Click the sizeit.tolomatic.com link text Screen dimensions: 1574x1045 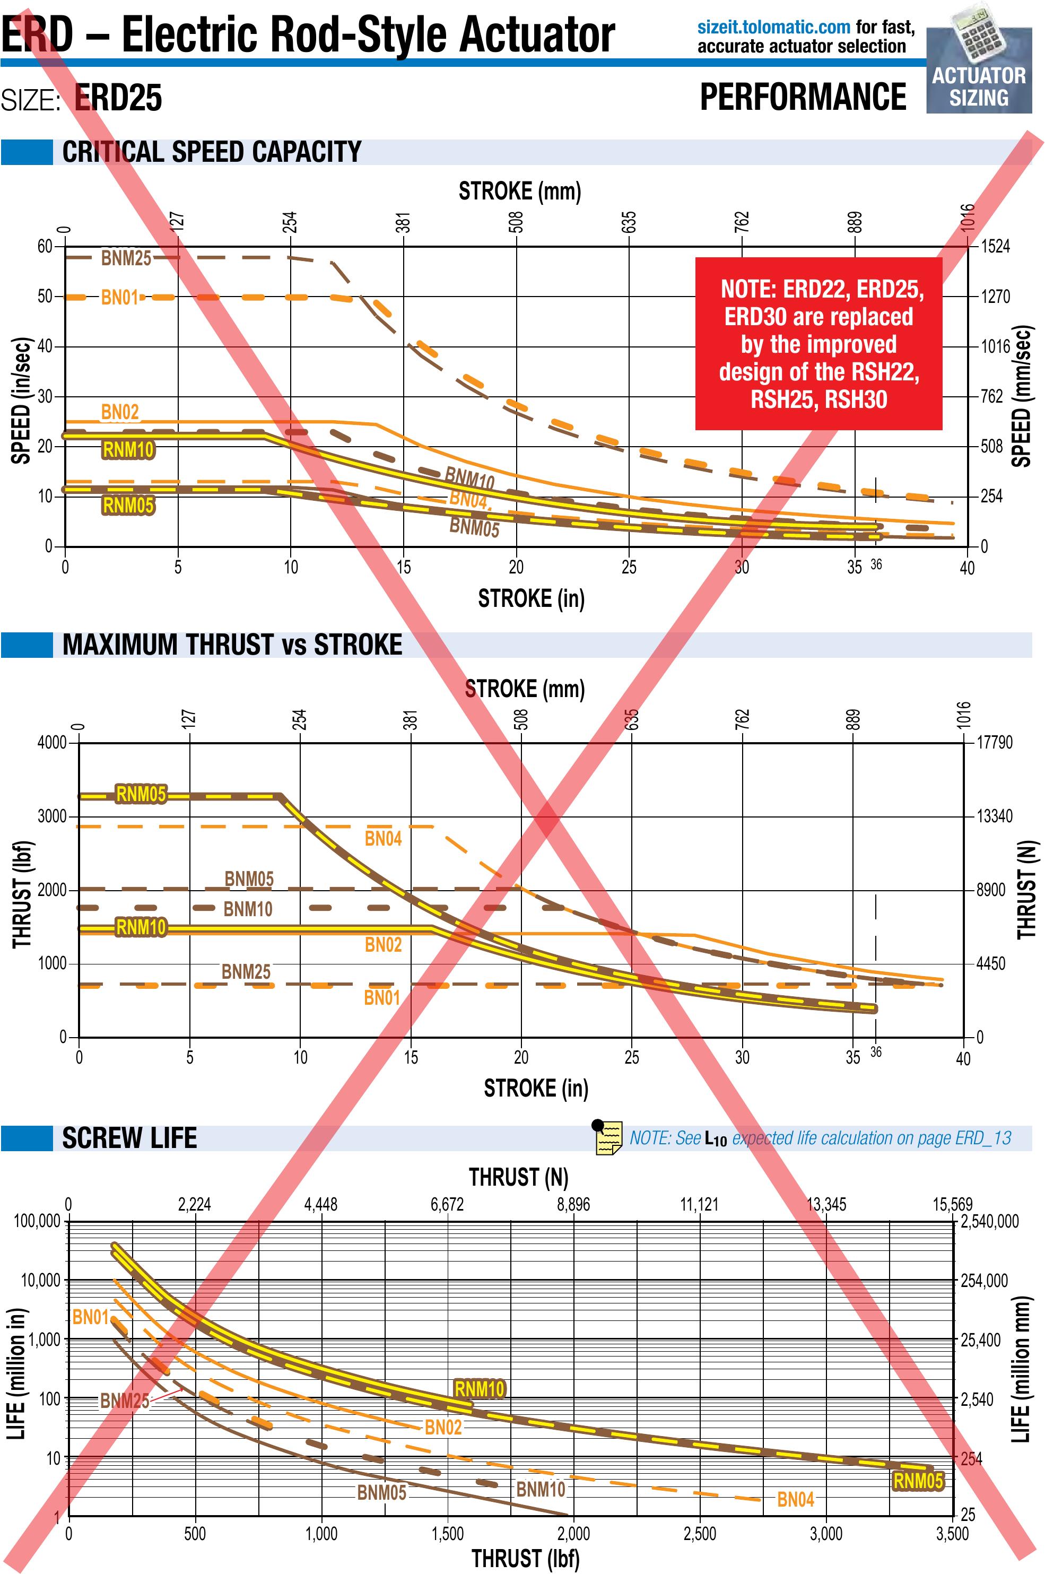coord(773,28)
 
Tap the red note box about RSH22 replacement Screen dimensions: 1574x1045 coord(818,343)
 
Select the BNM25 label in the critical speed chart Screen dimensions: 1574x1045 coord(126,258)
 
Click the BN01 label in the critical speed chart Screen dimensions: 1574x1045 coord(119,297)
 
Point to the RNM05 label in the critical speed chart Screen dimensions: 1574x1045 coord(128,505)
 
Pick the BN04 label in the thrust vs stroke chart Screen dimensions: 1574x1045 coord(382,838)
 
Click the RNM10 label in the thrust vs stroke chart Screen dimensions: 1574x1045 coord(141,927)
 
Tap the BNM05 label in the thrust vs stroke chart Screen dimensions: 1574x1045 coord(249,879)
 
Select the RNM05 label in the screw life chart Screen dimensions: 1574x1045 coord(918,1481)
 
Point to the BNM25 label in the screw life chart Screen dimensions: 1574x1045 coord(125,1401)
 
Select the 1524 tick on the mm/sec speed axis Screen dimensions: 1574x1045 coord(996,247)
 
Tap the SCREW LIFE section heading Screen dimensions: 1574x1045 coord(129,1138)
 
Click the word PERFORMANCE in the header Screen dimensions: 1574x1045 coord(803,97)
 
